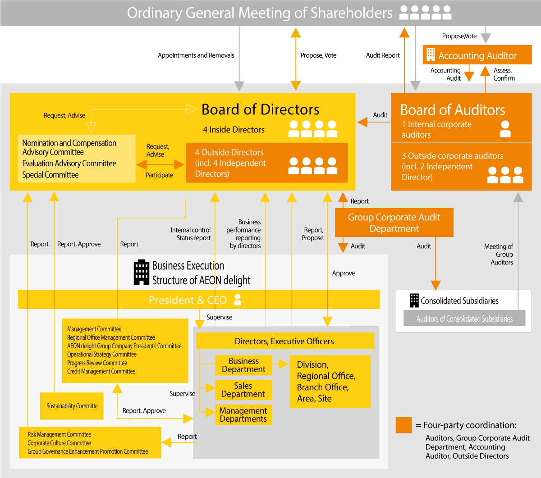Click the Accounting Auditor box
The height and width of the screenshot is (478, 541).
[477, 55]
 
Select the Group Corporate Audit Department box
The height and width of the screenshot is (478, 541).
[394, 223]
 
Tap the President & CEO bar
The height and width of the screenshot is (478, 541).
[198, 300]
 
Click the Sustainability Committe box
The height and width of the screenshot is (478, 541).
[72, 406]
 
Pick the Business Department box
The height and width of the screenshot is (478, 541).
[243, 365]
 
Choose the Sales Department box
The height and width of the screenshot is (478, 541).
[243, 390]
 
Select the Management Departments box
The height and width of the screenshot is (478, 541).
[243, 414]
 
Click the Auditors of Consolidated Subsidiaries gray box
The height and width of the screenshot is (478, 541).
[464, 319]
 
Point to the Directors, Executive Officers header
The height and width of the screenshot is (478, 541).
[284, 341]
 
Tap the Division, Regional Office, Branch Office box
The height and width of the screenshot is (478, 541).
[330, 382]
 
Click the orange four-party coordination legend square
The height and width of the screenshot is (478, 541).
[403, 425]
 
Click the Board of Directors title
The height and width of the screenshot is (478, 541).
[260, 109]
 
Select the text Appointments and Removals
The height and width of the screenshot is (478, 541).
[196, 55]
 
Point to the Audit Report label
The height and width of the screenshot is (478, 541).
[382, 55]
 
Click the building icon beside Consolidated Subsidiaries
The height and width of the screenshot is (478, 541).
[414, 300]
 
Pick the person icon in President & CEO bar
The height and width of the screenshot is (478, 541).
[238, 300]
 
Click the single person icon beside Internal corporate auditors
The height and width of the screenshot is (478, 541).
[505, 129]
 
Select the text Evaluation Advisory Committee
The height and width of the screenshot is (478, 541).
[69, 164]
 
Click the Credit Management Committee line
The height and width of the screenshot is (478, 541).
[101, 371]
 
